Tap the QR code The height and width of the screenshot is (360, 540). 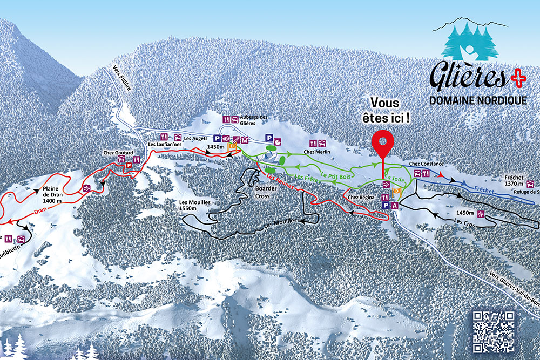[493, 331]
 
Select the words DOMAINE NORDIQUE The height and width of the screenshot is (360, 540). [477, 100]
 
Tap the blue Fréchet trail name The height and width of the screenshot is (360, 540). [484, 190]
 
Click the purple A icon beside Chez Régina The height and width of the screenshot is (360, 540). [395, 206]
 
